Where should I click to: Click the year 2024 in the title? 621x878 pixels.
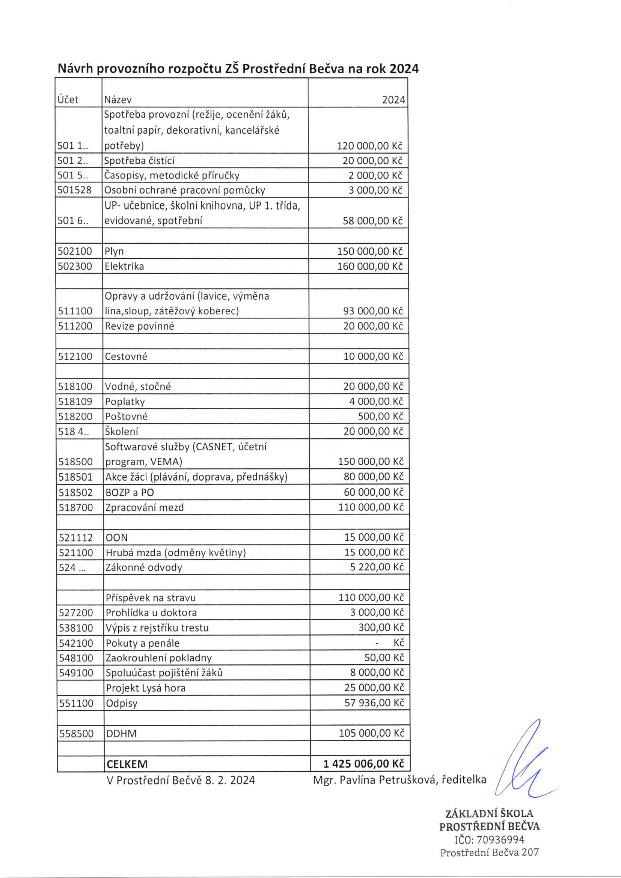[404, 69]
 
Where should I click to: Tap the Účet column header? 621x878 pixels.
[68, 100]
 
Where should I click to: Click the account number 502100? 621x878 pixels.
[75, 251]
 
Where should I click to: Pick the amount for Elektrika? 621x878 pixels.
[370, 266]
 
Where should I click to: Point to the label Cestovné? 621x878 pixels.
[126, 356]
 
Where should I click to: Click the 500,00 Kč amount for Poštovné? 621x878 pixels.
[381, 416]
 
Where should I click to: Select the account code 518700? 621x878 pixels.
[76, 507]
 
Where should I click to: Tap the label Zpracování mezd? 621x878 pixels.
[145, 507]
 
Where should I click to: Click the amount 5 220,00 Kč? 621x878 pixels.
[377, 567]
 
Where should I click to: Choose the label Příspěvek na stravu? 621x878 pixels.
[151, 597]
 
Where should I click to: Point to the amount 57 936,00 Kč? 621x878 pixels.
[374, 703]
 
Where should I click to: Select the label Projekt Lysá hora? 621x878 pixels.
[146, 688]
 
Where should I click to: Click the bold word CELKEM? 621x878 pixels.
[127, 764]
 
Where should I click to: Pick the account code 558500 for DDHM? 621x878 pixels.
[77, 733]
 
